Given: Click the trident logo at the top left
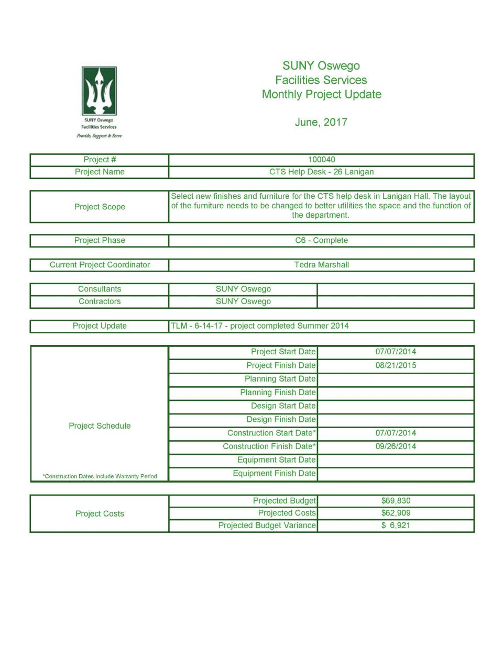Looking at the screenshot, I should click(99, 91).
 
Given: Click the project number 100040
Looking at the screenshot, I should click(321, 160).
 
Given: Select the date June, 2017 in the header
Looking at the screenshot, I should click(321, 122).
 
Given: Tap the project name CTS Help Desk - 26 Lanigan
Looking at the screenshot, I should click(321, 172).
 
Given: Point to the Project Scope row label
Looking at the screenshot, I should click(100, 207).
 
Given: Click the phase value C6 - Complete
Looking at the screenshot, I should click(321, 240).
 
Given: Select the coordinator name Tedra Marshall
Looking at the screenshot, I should click(321, 265).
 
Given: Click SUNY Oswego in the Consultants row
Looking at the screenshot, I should click(243, 289).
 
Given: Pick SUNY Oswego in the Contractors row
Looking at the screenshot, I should click(243, 301).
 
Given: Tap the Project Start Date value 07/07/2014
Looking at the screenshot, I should click(396, 352).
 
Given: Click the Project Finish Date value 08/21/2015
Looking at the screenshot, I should click(396, 365).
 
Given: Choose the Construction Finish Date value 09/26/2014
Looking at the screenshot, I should click(396, 446).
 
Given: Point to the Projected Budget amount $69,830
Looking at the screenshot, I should click(396, 501).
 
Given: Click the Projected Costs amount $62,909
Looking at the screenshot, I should click(396, 513).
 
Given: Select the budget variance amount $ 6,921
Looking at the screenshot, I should click(396, 525).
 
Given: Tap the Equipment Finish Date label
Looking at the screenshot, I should click(274, 474).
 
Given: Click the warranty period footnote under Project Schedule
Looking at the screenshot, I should click(100, 476).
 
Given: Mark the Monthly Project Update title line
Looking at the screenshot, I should click(321, 95).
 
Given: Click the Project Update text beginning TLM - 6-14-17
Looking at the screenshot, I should click(259, 326).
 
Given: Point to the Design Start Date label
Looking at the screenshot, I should click(283, 406).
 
